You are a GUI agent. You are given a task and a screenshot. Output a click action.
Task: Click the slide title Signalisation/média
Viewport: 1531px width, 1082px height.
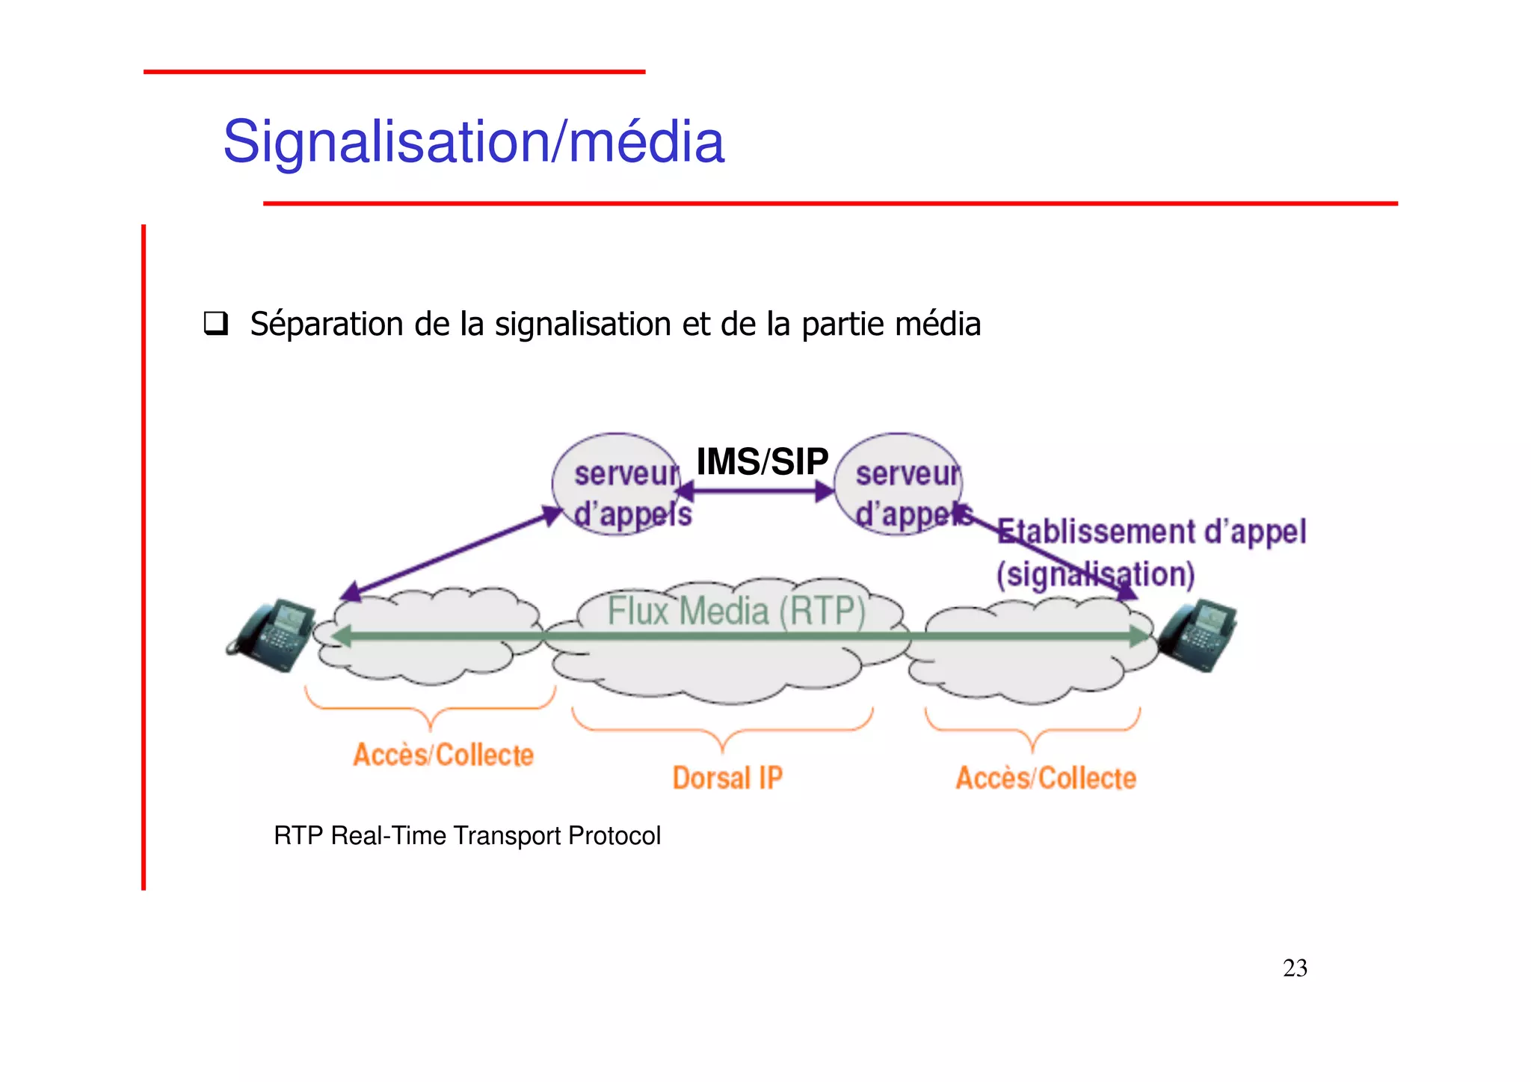coord(473,141)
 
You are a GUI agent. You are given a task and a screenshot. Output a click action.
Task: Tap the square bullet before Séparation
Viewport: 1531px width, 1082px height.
coord(216,324)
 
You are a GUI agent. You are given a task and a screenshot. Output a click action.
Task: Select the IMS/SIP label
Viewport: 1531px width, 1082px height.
coord(762,461)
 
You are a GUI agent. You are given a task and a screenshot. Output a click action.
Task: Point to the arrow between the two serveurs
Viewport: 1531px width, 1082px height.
coord(755,491)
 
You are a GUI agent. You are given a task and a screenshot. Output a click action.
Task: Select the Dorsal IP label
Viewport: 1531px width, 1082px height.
coord(727,778)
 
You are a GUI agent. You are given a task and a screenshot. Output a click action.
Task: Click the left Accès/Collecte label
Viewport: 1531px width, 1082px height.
coord(443,754)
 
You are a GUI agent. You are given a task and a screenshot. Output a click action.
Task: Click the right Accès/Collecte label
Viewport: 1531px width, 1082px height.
coord(1046,778)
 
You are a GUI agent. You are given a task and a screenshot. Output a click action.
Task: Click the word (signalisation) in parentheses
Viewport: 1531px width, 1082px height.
coord(1095,574)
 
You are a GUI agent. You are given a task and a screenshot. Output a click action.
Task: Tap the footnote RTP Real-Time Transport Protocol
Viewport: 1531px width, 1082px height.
coord(467,835)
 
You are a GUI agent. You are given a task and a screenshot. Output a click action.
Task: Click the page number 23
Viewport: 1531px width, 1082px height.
coord(1295,968)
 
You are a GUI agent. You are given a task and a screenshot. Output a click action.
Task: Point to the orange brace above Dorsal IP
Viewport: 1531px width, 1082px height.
coord(722,730)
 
